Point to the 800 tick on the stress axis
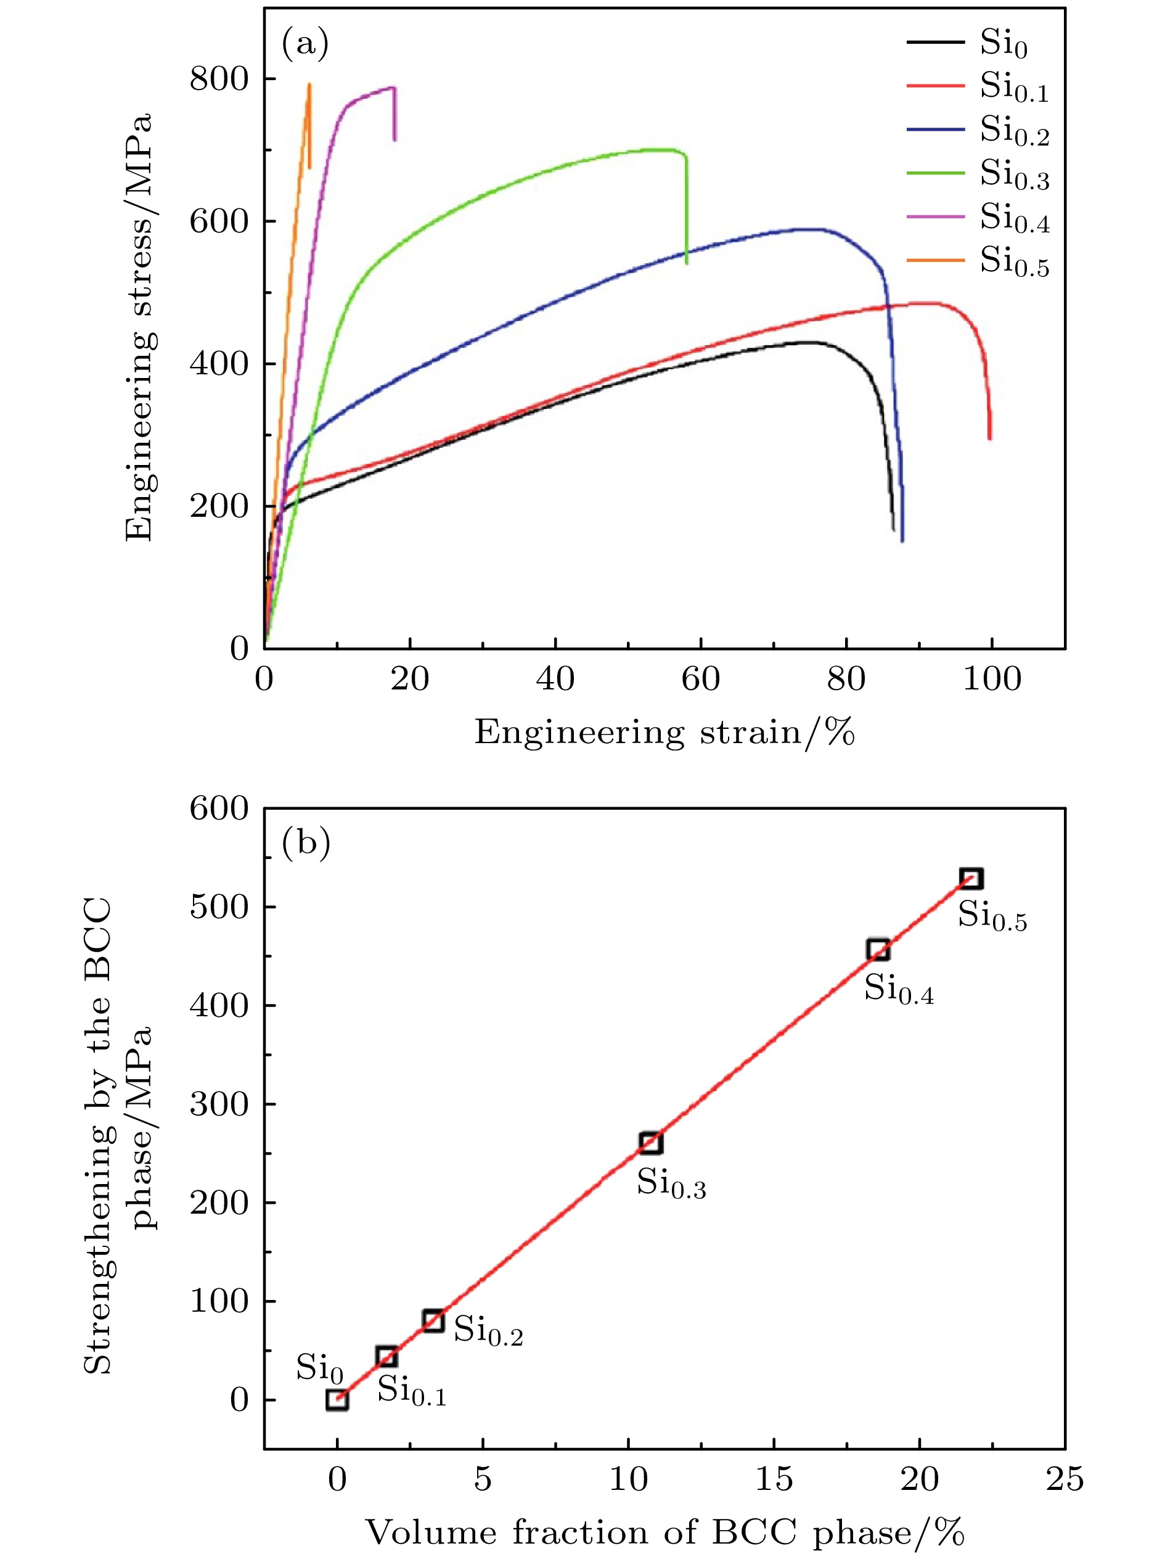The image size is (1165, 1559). (219, 79)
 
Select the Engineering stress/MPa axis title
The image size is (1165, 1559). (139, 327)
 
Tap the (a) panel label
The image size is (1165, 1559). (305, 44)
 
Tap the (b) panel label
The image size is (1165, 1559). (306, 842)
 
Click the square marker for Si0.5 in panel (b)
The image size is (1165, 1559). (971, 878)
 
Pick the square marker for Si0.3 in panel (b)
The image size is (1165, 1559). (651, 1143)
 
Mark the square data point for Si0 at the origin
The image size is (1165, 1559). (337, 1399)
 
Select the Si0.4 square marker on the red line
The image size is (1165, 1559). (878, 950)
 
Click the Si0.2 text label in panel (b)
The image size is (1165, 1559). (488, 1331)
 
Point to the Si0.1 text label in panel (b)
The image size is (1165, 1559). (412, 1391)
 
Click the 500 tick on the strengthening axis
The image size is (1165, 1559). (219, 907)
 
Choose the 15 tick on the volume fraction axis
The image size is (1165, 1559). (774, 1479)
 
